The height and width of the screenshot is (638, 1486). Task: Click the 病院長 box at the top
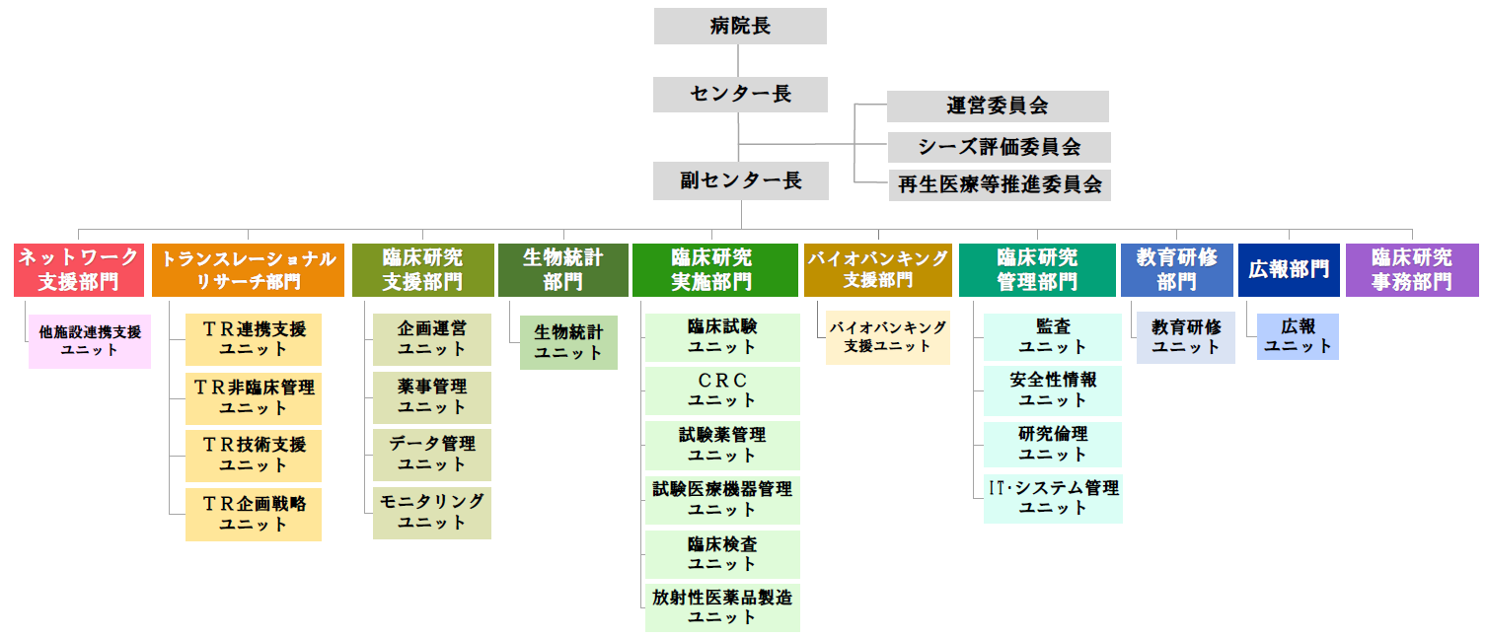740,27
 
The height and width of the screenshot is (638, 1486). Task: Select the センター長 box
740,95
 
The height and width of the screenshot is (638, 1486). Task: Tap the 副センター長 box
740,181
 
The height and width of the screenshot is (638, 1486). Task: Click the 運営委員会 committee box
998,106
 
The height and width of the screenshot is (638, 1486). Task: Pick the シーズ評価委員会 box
999,147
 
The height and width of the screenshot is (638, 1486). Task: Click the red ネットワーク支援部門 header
79,270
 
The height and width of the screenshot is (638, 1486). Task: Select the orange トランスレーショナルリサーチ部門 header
248,270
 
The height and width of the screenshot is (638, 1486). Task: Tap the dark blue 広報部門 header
1289,270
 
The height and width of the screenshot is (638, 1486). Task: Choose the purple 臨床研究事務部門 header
1412,270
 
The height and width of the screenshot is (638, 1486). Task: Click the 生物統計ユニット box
568,342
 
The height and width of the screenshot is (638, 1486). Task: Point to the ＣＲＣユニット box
722,390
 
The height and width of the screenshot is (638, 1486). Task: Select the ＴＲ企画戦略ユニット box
254,514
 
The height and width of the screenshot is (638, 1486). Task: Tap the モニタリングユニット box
432,513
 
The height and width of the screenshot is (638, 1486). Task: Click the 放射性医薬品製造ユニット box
722,607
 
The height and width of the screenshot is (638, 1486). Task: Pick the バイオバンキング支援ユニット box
887,337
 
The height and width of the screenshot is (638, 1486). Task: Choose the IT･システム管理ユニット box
1053,498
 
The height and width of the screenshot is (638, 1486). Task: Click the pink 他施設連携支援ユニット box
90,341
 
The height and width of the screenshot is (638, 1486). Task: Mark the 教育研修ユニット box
1186,337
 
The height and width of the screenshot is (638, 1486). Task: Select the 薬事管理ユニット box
432,397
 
